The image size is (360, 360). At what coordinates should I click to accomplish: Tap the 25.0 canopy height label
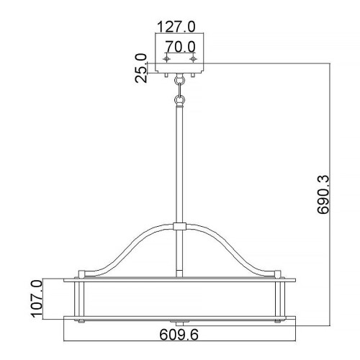coord(140,68)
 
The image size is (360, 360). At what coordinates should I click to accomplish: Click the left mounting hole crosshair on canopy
coord(167,60)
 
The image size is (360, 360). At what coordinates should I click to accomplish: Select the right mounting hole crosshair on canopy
coord(192,60)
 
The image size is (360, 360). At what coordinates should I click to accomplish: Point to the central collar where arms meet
coord(180,228)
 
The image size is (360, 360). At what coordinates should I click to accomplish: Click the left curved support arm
coord(122,252)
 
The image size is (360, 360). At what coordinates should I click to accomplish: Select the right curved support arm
coord(238,252)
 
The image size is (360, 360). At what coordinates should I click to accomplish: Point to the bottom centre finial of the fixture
coord(180,320)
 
